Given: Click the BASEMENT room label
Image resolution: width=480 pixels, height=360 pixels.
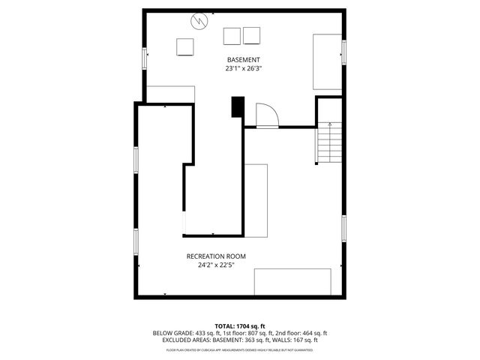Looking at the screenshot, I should (x=244, y=59).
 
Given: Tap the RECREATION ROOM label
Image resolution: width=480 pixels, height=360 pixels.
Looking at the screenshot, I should (x=216, y=256).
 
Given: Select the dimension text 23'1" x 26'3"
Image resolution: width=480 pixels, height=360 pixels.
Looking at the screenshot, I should (x=244, y=68).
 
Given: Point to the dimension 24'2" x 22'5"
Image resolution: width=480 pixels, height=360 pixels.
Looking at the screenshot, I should (x=216, y=265).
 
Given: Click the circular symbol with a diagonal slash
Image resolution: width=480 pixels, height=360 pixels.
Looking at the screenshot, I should (x=199, y=21).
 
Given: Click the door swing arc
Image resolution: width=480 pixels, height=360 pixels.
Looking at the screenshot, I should (x=268, y=115).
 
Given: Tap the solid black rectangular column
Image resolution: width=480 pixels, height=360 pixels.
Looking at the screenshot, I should (x=238, y=107).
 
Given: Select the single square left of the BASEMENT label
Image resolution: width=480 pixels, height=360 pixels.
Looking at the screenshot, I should (x=185, y=46).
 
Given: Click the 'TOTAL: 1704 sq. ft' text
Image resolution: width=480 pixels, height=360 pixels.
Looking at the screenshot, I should (x=240, y=326).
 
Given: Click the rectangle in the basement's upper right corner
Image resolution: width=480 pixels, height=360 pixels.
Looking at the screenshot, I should (x=328, y=61).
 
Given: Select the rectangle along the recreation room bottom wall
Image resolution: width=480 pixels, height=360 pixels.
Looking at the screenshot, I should (x=292, y=282).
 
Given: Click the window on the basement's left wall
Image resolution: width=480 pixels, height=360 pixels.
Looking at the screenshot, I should (x=145, y=58).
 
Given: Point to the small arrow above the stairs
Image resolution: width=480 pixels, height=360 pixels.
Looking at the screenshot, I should (x=330, y=122).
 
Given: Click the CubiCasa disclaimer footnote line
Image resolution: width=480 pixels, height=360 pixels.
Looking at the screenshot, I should (x=240, y=349).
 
